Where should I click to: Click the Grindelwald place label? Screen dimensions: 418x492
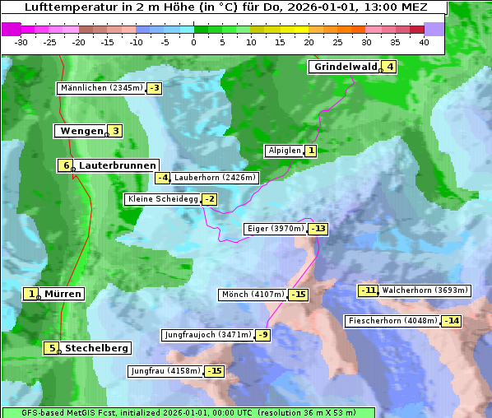pos(345,67)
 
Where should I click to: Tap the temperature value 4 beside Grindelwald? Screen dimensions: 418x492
pos(389,67)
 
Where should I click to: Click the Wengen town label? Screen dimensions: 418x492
pos(81,131)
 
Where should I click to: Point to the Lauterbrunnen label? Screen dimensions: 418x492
pos(116,165)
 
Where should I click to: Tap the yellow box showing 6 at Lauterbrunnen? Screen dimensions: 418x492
pos(66,165)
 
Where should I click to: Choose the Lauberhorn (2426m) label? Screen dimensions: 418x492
pos(216,177)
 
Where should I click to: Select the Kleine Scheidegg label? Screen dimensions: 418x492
pos(162,199)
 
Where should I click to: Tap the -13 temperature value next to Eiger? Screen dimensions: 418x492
pos(318,229)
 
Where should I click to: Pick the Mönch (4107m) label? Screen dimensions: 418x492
pos(253,295)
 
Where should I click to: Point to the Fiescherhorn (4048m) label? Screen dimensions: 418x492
pos(392,321)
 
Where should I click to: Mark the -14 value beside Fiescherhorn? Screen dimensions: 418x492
pos(451,321)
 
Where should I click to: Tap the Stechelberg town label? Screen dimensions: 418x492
pos(96,348)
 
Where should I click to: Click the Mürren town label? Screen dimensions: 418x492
pos(62,294)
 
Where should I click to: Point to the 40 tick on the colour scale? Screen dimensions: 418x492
pos(424,42)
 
